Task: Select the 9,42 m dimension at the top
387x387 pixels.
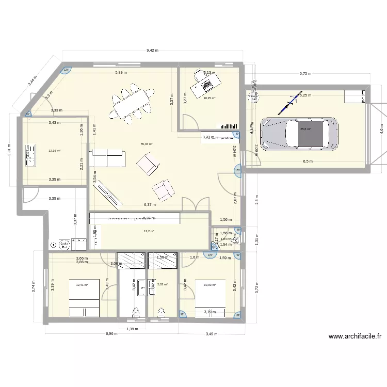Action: [152, 51]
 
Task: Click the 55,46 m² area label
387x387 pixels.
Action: [147, 144]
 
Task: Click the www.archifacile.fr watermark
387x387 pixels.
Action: [355, 336]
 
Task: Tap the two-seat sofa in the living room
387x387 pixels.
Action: [107, 158]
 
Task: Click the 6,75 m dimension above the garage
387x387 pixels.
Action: [305, 74]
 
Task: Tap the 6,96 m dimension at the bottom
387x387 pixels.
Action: [112, 334]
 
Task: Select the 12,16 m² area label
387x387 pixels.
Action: [54, 151]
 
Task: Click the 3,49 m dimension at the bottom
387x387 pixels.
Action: [211, 334]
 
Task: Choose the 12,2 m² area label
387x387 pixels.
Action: [149, 231]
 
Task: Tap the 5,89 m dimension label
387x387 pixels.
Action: [121, 73]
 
